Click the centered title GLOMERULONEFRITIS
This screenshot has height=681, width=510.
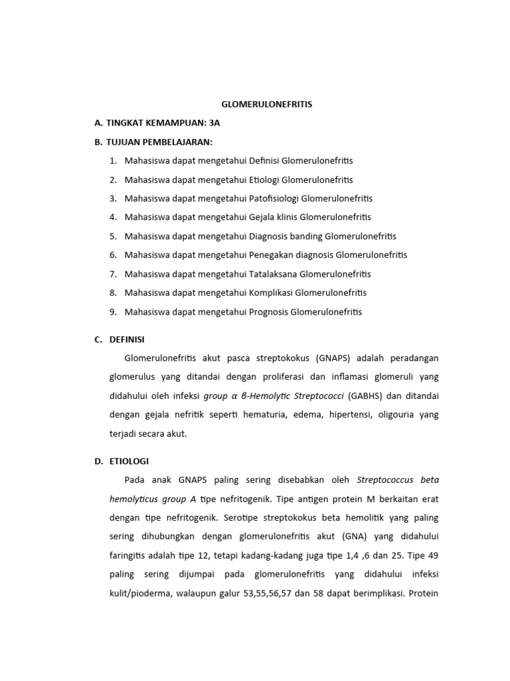point(266,104)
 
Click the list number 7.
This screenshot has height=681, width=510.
point(113,274)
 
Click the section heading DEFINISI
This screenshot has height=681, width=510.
point(127,339)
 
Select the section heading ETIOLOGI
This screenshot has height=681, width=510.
point(129,460)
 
